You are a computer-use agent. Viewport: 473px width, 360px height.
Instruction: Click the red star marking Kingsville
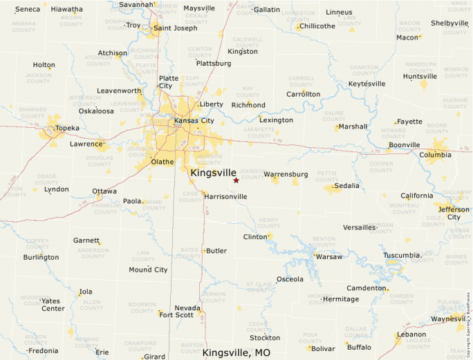pyautogui.click(x=236, y=180)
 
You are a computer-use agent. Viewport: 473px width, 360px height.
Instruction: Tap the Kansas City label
pyautogui.click(x=194, y=121)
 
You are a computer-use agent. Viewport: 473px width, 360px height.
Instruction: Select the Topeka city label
pyautogui.click(x=67, y=129)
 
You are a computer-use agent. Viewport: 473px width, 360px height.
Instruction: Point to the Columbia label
pyautogui.click(x=435, y=155)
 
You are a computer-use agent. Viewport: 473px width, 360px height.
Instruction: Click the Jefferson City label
pyautogui.click(x=454, y=213)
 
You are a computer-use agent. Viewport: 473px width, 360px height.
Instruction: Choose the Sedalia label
pyautogui.click(x=346, y=186)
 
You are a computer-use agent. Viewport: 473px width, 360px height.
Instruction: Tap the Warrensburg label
pyautogui.click(x=286, y=174)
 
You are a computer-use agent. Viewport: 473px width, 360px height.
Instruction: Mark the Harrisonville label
pyautogui.click(x=225, y=197)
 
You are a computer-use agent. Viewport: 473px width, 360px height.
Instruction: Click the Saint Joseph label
pyautogui.click(x=175, y=28)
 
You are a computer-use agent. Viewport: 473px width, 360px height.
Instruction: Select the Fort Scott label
pyautogui.click(x=176, y=315)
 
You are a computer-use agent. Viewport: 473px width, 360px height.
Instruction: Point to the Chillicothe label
pyautogui.click(x=318, y=26)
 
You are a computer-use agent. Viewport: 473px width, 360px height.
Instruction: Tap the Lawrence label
pyautogui.click(x=86, y=144)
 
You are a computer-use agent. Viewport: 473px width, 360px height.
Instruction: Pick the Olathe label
pyautogui.click(x=163, y=162)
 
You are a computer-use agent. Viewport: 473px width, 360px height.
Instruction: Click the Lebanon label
pyautogui.click(x=411, y=335)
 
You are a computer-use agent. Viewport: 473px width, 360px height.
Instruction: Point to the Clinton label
pyautogui.click(x=254, y=237)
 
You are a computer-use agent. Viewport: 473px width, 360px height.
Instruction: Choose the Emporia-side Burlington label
pyautogui.click(x=41, y=258)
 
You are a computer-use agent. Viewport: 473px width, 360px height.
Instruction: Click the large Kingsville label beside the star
pyautogui.click(x=213, y=172)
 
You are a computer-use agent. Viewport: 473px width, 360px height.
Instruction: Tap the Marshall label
pyautogui.click(x=353, y=127)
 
